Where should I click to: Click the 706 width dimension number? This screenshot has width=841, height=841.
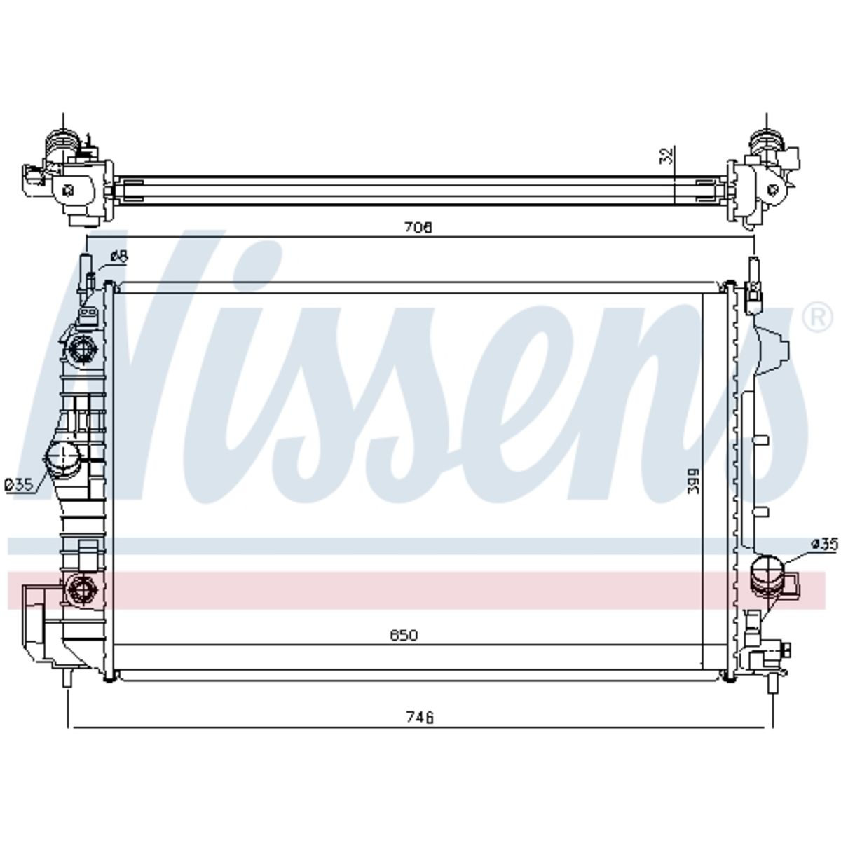[418, 227]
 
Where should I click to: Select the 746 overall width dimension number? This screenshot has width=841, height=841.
[420, 717]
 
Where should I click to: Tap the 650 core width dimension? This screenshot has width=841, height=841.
[404, 635]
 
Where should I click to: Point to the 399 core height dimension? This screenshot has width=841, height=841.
[693, 481]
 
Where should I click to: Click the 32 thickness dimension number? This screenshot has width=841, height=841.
[666, 156]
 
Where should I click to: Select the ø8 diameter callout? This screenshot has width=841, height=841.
[119, 257]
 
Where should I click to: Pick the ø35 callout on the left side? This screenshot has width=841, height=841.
[19, 484]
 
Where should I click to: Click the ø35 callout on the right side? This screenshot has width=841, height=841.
[824, 545]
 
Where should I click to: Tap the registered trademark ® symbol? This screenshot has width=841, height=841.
[817, 318]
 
